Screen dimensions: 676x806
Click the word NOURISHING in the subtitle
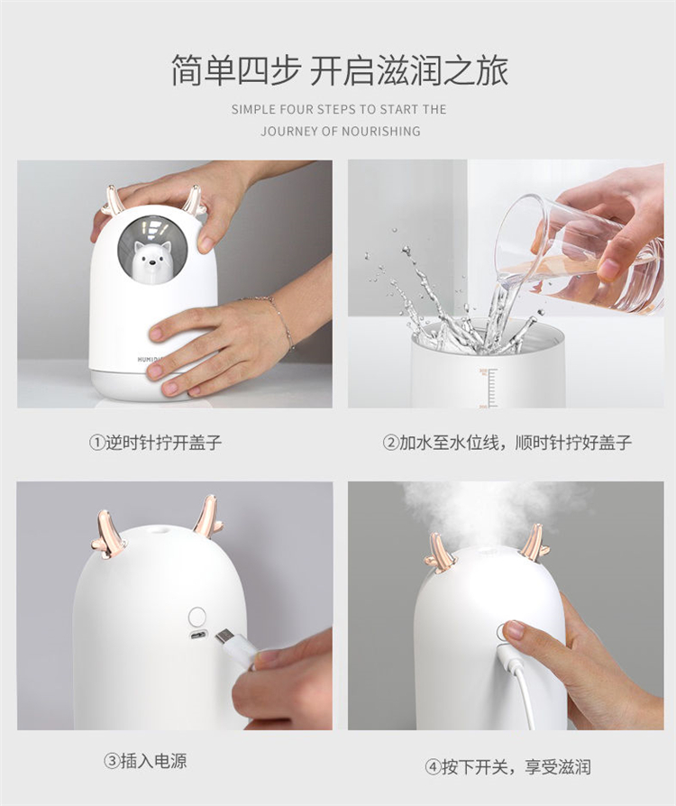pyautogui.click(x=381, y=132)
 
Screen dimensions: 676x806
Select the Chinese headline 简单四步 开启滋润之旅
pyautogui.click(x=339, y=70)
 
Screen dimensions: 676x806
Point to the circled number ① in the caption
pyautogui.click(x=96, y=443)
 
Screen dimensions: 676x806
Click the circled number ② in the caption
pyautogui.click(x=390, y=443)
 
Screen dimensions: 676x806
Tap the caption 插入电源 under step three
pyautogui.click(x=154, y=761)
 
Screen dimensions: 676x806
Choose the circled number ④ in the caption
pyautogui.click(x=433, y=767)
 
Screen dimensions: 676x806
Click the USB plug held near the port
pyautogui.click(x=234, y=647)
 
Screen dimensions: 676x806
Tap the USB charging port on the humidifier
pyautogui.click(x=196, y=636)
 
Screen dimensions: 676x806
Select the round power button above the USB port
pyautogui.click(x=196, y=615)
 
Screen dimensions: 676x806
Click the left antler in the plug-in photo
pyautogui.click(x=108, y=535)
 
